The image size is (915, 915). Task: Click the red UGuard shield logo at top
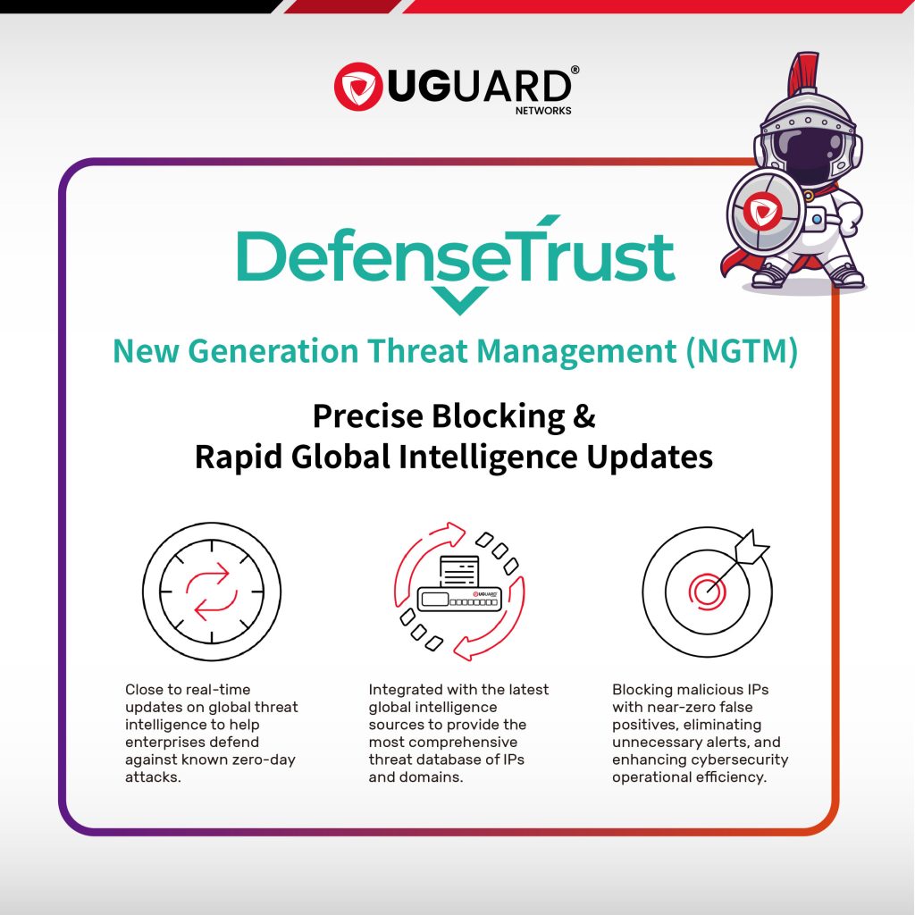(x=358, y=87)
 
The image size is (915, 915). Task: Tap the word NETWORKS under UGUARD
(x=543, y=111)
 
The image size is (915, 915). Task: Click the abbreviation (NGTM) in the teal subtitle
(x=741, y=351)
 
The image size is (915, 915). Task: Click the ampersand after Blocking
(x=584, y=416)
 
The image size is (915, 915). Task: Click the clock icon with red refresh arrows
(x=212, y=592)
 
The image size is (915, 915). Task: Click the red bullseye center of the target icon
(x=708, y=592)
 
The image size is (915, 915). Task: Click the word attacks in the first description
(x=153, y=777)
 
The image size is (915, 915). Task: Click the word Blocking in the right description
(x=642, y=691)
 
